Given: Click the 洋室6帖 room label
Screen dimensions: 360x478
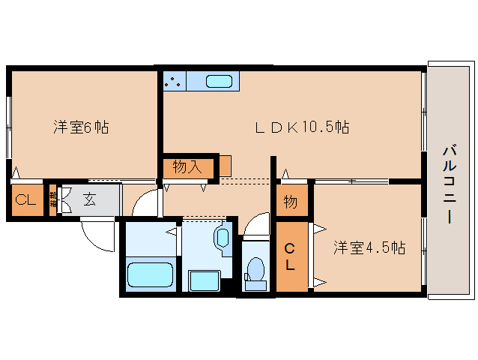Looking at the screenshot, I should [81, 127].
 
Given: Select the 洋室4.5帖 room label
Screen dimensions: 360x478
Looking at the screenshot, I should [369, 248].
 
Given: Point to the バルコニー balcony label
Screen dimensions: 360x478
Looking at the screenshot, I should [449, 184].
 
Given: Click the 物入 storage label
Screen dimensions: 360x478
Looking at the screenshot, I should [187, 167].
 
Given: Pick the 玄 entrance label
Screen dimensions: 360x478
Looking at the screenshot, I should [90, 199].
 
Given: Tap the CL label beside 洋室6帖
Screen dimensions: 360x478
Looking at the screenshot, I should [26, 200].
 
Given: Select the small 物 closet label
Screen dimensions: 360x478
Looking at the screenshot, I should [291, 202].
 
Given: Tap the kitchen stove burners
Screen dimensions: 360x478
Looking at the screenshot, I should [174, 81].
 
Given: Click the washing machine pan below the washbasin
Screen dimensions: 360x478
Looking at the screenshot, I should [203, 281].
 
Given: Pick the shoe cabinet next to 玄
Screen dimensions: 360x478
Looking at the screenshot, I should [53, 199].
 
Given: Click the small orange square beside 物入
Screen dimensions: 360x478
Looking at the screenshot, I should [225, 165].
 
